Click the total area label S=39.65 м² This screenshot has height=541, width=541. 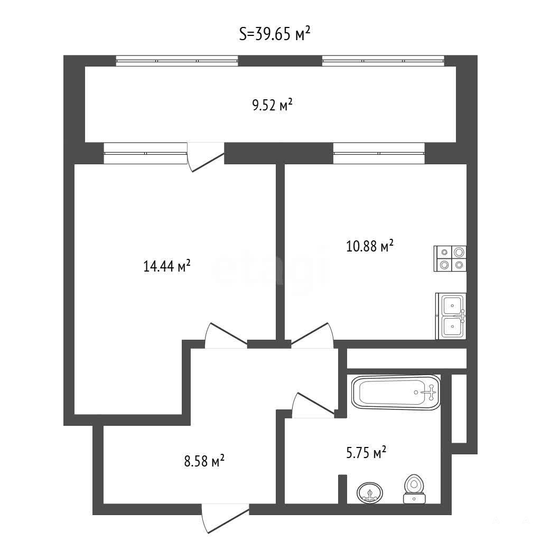(275, 34)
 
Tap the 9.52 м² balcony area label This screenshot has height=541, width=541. (272, 105)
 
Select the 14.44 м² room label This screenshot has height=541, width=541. (166, 266)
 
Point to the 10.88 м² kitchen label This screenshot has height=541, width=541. (369, 246)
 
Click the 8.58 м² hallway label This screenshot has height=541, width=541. (204, 461)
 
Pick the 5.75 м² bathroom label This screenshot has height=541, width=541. (366, 452)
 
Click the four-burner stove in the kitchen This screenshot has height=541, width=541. (450, 258)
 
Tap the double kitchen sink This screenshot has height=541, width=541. (451, 316)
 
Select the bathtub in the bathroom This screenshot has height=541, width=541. (396, 393)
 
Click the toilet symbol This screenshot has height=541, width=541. (414, 489)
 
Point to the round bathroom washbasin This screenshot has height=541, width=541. (370, 493)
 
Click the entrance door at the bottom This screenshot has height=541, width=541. (225, 518)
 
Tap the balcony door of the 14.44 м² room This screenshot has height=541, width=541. (206, 156)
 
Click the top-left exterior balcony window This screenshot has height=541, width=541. (177, 61)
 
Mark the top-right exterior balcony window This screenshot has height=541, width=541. (383, 61)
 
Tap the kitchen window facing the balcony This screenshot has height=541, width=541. (379, 153)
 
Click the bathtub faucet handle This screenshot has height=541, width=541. (431, 393)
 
